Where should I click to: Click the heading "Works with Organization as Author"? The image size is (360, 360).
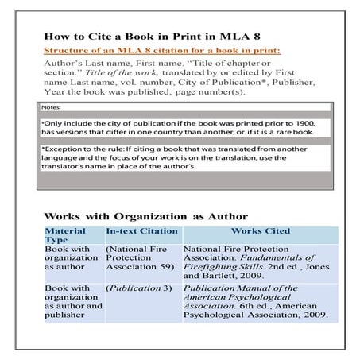coord(145,215)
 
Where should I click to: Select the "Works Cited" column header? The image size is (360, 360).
coord(260,230)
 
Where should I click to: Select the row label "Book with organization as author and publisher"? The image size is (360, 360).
coord(72,301)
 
